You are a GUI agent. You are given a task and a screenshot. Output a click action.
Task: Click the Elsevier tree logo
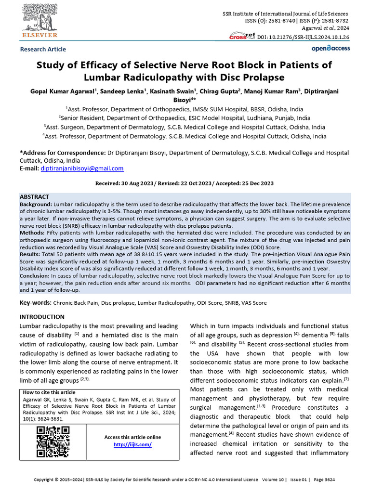point(40,19)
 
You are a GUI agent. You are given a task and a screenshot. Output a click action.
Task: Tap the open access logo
point(330,48)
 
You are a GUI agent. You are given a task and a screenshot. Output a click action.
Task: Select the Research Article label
point(43,49)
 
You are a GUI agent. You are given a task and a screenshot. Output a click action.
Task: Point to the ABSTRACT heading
point(34,197)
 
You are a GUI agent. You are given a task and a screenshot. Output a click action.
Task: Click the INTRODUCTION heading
point(41,317)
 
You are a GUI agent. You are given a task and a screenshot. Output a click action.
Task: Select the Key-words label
point(35,303)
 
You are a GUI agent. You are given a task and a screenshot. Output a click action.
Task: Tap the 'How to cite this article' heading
point(49,392)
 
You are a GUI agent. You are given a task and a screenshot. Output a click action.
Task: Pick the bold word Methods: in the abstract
point(32,233)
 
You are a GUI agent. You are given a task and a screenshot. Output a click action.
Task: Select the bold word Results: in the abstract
point(31,254)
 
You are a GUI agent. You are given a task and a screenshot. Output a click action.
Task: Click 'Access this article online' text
point(132,437)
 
